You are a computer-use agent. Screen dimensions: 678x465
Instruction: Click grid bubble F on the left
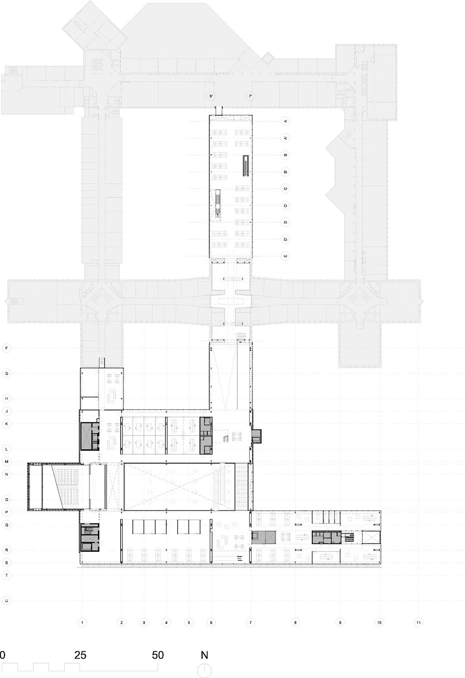6,348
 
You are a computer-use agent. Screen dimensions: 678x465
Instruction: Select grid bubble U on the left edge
6,600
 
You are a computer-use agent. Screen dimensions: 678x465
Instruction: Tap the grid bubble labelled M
6,461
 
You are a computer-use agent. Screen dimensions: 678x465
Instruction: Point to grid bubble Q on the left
6,525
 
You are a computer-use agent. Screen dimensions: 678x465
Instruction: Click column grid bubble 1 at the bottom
82,622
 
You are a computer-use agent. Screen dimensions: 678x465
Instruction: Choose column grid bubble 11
418,622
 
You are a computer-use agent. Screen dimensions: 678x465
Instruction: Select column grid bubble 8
295,622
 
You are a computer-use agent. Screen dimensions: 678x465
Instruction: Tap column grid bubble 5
189,622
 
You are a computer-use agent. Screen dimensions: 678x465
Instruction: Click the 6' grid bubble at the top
211,96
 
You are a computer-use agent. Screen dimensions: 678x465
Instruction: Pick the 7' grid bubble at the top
250,96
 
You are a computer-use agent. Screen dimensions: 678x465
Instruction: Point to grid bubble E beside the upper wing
285,256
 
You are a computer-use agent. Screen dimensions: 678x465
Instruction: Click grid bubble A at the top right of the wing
285,121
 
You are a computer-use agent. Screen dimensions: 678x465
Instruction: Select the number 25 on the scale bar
80,655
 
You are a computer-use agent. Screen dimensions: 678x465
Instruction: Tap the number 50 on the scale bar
157,655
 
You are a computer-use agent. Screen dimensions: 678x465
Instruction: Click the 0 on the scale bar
3,655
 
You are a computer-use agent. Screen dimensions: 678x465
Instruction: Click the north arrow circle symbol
204,670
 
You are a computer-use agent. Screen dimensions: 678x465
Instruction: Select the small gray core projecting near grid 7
257,436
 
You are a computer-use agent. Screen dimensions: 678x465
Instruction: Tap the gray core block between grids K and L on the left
89,436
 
